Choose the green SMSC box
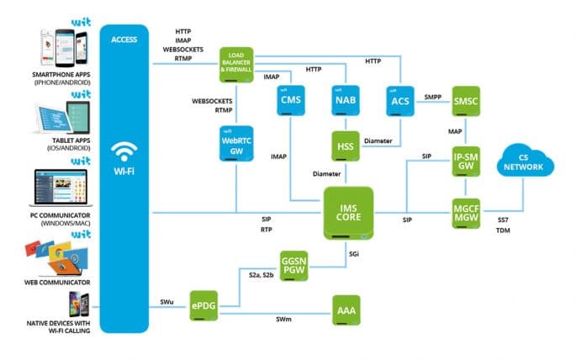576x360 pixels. pyautogui.click(x=465, y=101)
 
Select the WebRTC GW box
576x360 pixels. pyautogui.click(x=235, y=145)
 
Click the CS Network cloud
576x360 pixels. pyautogui.click(x=528, y=161)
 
